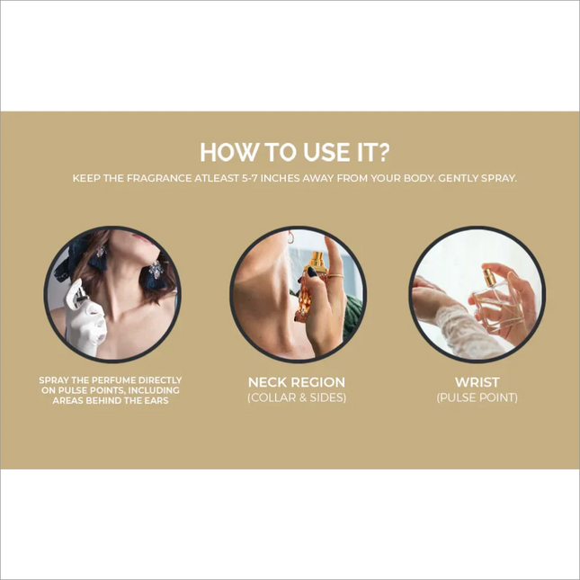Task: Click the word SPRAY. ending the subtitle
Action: coord(499,178)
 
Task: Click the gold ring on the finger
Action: coord(335,275)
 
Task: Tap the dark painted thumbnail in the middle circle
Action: coord(313,272)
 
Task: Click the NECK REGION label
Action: coord(296,382)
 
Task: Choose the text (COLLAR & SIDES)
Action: coord(297,397)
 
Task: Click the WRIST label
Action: coord(477,382)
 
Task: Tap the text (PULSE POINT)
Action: coord(477,397)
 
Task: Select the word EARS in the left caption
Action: coord(158,400)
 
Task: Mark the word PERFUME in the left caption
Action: coord(108,380)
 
